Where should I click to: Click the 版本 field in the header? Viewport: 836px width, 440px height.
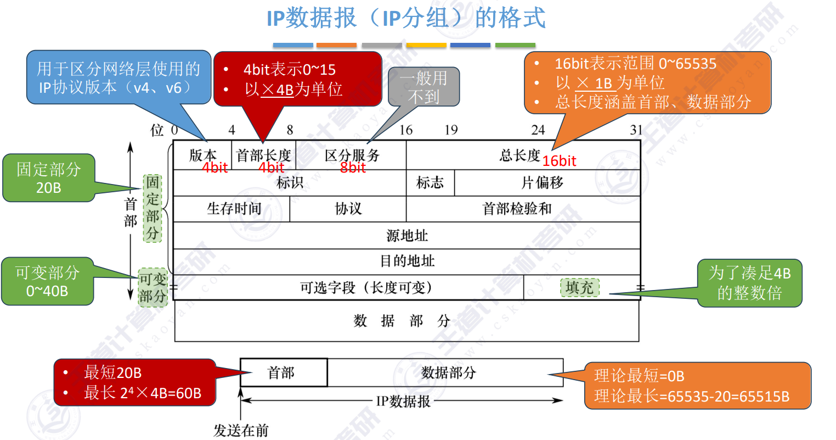pos(202,155)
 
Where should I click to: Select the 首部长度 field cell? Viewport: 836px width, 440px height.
pos(263,155)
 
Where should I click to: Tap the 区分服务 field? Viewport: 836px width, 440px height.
pos(352,155)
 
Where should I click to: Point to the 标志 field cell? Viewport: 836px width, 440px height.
pos(430,183)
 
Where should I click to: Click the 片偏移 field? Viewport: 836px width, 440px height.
pos(543,183)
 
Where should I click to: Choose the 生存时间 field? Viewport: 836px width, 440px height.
pos(234,209)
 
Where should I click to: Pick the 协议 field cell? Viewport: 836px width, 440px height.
pos(348,209)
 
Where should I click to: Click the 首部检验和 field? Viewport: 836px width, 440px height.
pos(517,209)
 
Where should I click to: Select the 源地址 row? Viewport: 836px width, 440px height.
pos(407,236)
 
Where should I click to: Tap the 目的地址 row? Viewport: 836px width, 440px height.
pos(407,261)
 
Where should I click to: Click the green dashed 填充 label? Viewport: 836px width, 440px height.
pos(580,287)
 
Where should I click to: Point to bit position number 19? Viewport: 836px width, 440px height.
pos(451,130)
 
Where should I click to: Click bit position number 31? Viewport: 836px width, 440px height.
pos(636,130)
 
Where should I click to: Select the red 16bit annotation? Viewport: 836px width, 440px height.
pos(559,161)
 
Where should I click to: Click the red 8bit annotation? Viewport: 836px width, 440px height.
pos(353,168)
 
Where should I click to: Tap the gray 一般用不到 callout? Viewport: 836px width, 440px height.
pos(423,87)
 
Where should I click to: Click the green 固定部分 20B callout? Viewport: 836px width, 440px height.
pos(48,178)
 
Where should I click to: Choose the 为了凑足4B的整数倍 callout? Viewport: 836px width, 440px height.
pos(749,283)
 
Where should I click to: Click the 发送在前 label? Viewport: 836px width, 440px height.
pos(241,431)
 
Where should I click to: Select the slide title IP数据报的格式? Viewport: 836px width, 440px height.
pos(406,18)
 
